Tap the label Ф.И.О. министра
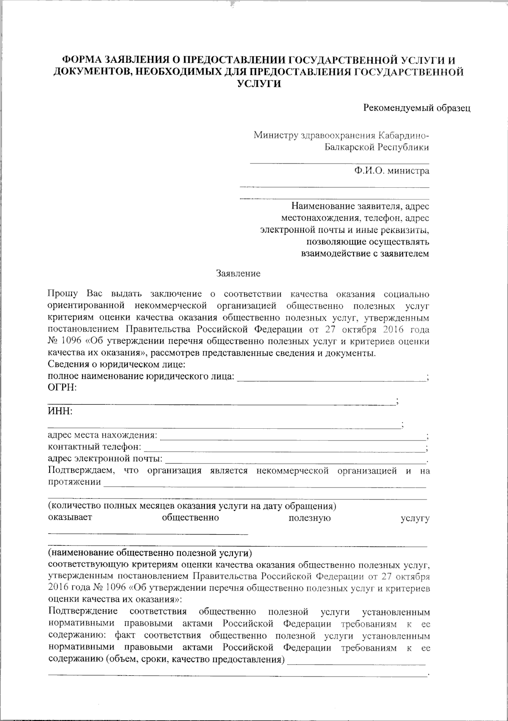pos(392,171)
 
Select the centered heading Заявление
pos(238,274)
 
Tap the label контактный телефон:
pos(95,446)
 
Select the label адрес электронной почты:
pos(105,458)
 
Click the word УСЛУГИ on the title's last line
pos(259,83)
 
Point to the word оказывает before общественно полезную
pos(69,518)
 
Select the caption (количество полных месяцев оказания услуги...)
pos(192,506)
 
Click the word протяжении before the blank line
pos(75,482)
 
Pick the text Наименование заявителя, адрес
pos(360,206)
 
